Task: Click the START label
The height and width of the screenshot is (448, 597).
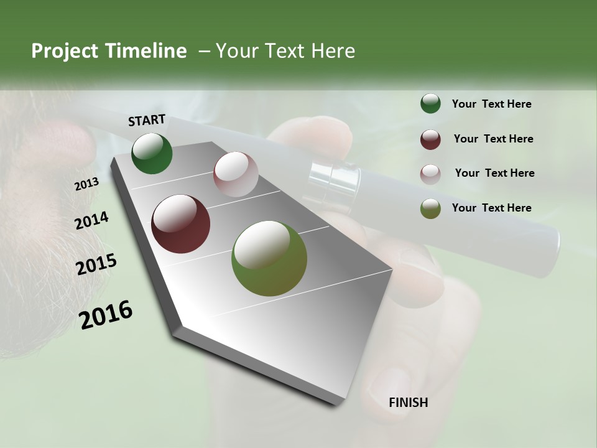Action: click(x=147, y=120)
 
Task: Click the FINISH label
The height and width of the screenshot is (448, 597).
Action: click(x=408, y=403)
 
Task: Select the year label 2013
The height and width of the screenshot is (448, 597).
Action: click(x=86, y=184)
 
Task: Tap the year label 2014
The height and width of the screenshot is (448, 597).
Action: click(x=91, y=221)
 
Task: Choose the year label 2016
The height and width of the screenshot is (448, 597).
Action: click(x=106, y=315)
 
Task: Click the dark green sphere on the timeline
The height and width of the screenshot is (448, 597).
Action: click(x=152, y=153)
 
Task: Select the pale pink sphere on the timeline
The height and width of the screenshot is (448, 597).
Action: click(x=236, y=174)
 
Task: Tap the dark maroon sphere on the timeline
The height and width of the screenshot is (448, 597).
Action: click(x=181, y=224)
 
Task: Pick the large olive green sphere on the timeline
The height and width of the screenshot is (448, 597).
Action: click(x=269, y=258)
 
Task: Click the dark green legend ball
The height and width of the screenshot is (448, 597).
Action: click(x=430, y=104)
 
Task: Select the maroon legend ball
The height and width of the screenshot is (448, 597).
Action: click(x=430, y=139)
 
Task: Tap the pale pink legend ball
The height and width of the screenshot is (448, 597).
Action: click(x=430, y=174)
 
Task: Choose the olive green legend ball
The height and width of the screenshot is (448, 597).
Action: click(x=430, y=208)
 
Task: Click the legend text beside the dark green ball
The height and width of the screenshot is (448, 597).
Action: click(x=491, y=104)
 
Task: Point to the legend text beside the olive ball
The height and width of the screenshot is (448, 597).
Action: click(x=491, y=208)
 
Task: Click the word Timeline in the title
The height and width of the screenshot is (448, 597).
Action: click(x=147, y=51)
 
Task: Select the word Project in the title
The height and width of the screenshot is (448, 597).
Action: click(x=64, y=51)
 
